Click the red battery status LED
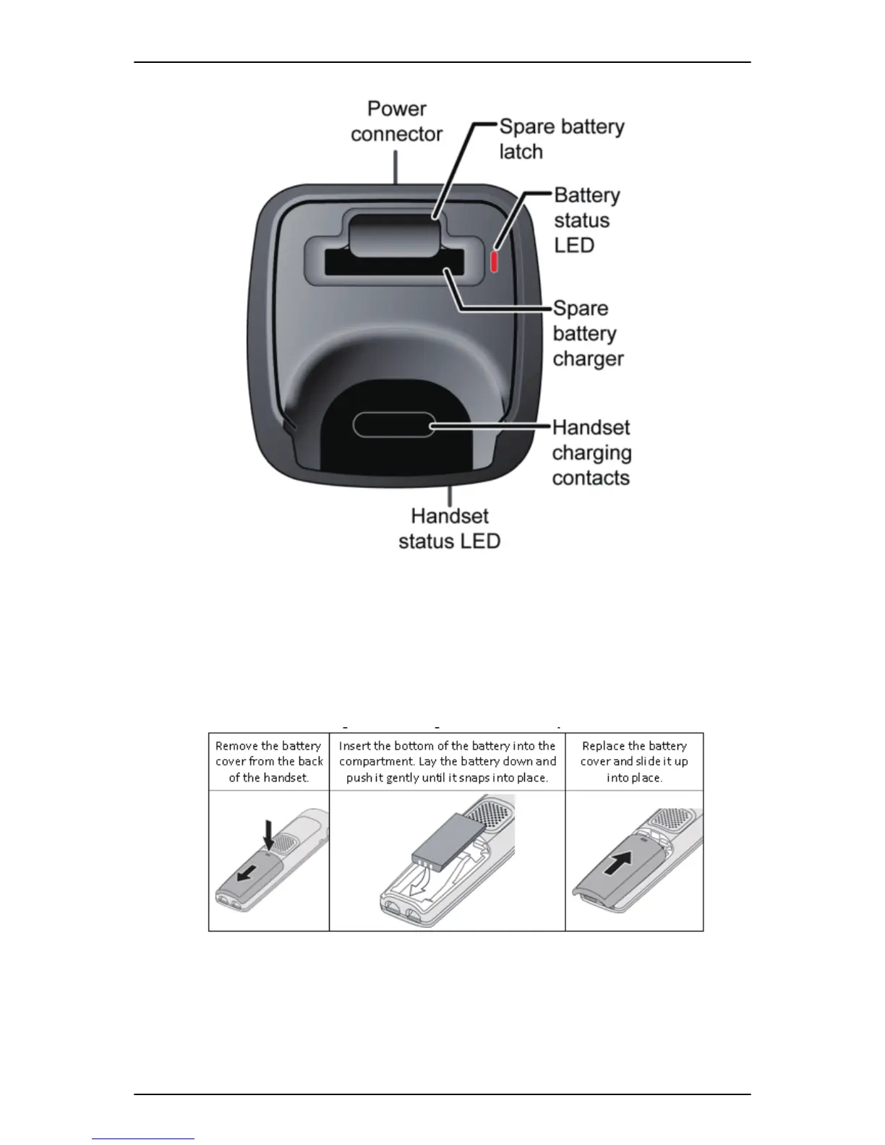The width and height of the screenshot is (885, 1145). coord(495,261)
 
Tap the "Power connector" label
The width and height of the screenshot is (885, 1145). coord(396,121)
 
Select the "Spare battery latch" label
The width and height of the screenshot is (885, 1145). coord(561,139)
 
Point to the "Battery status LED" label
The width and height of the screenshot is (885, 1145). coord(586,220)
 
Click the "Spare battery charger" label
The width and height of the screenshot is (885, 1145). coord(588,333)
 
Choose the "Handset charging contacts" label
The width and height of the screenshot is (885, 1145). coord(591,453)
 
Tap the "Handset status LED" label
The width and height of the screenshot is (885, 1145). coord(449,528)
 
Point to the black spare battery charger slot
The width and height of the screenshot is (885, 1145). coord(393,263)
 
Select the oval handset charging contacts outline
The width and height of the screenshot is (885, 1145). coord(393,425)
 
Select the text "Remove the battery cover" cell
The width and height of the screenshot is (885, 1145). coord(269,762)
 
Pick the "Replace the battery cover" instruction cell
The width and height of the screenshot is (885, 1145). coord(634,762)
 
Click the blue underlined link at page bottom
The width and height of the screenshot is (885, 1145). coord(143,1138)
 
